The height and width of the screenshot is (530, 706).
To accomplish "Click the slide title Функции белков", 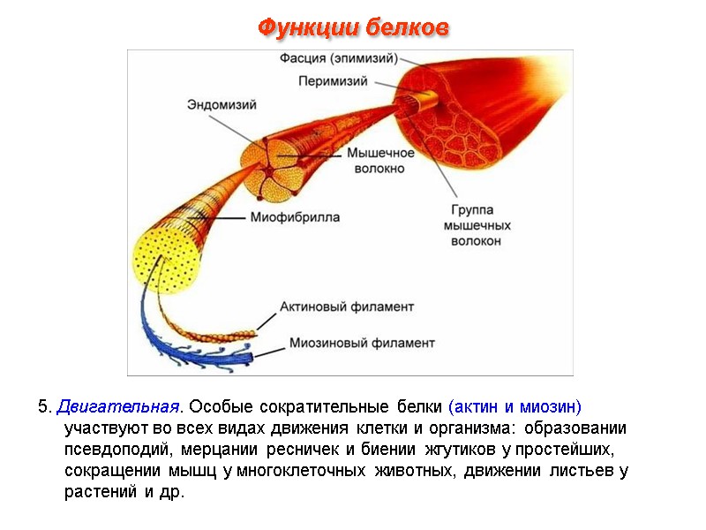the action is (x=353, y=28).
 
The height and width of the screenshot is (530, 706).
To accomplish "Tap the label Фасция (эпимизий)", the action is (x=339, y=59).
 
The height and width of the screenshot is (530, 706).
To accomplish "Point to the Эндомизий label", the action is (x=222, y=104).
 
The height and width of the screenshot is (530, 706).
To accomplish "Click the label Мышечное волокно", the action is (x=375, y=160).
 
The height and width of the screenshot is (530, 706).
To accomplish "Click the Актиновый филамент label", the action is (x=347, y=307).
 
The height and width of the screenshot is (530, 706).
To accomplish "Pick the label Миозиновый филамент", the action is (x=362, y=342).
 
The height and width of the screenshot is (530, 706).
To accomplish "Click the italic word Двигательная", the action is (x=117, y=407).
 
